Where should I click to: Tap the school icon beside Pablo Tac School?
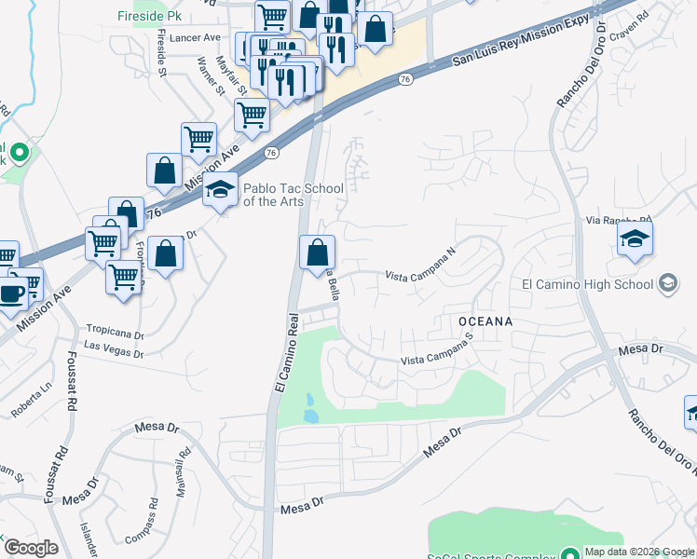point(220,190)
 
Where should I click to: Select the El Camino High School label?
point(588,283)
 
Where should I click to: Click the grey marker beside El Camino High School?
point(667,282)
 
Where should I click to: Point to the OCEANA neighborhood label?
point(485,320)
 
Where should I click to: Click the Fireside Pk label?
point(150,17)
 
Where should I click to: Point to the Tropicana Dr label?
point(116,331)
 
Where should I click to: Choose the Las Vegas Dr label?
point(114,348)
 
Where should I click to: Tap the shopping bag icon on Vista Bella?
point(317,252)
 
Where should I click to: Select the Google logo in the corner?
point(30,548)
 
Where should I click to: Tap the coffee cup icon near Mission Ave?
point(12,293)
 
